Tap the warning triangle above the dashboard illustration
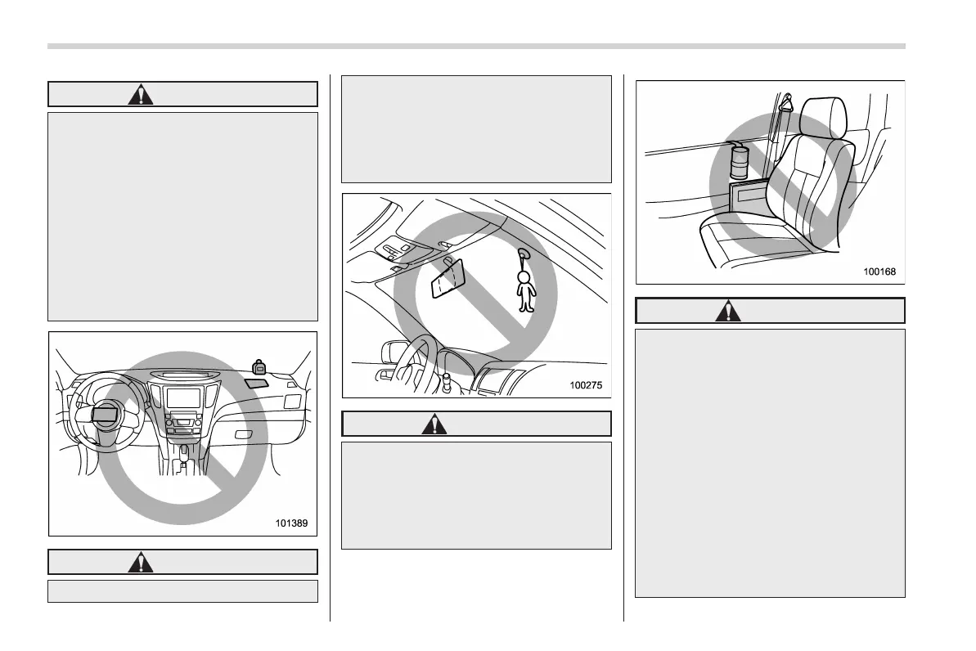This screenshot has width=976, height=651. coord(142,94)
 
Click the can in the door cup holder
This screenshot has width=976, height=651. coord(740,161)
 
